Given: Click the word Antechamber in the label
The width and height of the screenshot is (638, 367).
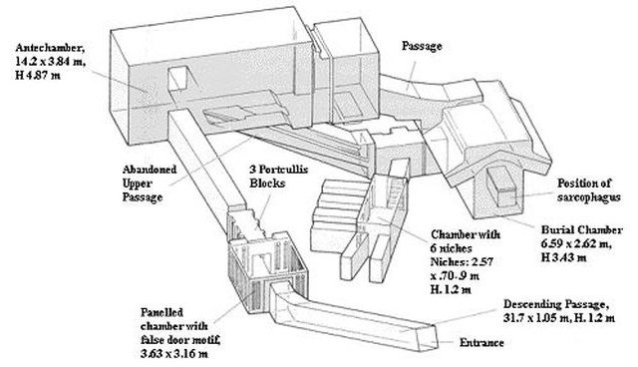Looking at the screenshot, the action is point(50,48).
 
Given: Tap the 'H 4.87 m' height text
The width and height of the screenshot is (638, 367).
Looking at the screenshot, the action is point(38,76).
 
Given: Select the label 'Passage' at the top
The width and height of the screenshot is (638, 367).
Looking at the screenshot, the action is point(422,46).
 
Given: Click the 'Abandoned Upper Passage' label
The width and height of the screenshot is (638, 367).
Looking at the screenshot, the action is point(150,183).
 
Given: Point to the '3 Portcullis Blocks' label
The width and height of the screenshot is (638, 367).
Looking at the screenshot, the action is point(278,177).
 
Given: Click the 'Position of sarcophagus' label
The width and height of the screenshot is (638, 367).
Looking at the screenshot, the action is point(588,190).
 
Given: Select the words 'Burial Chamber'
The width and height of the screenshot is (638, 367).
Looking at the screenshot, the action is point(581,230).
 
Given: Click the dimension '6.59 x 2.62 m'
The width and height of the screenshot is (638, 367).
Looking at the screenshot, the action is point(576,244).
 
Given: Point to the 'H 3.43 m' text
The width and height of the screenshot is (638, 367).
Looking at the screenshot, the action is point(563,258).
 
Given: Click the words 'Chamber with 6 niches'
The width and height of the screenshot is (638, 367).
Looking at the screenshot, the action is point(466,241).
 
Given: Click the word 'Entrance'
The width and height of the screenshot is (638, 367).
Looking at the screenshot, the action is point(481,343).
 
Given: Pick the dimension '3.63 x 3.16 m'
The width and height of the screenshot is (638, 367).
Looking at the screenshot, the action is point(174,354).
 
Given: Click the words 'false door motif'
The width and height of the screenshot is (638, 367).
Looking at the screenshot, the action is point(180,340).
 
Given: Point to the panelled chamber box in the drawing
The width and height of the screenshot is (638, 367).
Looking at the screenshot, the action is point(267,270).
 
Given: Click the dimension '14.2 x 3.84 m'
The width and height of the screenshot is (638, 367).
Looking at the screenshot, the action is point(51,62).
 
